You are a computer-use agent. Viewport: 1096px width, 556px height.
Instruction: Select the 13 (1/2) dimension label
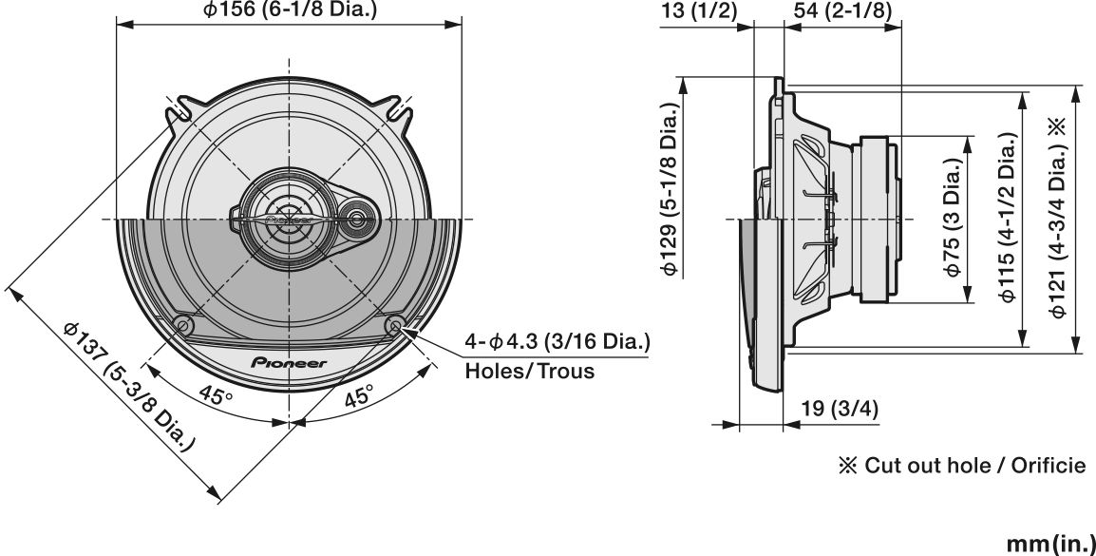click(x=698, y=10)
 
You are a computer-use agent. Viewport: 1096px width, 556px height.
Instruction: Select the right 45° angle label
click(x=358, y=396)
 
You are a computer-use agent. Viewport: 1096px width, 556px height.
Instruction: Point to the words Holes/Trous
click(x=529, y=371)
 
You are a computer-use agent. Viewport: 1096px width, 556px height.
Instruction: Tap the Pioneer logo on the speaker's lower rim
click(x=289, y=362)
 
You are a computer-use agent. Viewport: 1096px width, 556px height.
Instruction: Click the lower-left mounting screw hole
click(x=183, y=325)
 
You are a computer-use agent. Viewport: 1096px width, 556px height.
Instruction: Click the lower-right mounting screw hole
click(x=396, y=325)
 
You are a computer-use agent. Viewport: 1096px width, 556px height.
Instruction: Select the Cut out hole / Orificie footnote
click(x=959, y=466)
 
